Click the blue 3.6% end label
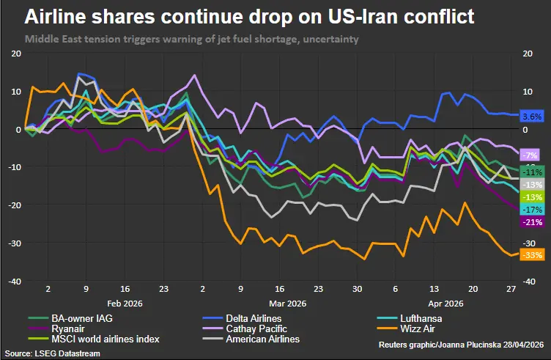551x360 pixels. pyautogui.click(x=531, y=117)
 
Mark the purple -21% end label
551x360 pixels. pyautogui.click(x=530, y=221)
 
